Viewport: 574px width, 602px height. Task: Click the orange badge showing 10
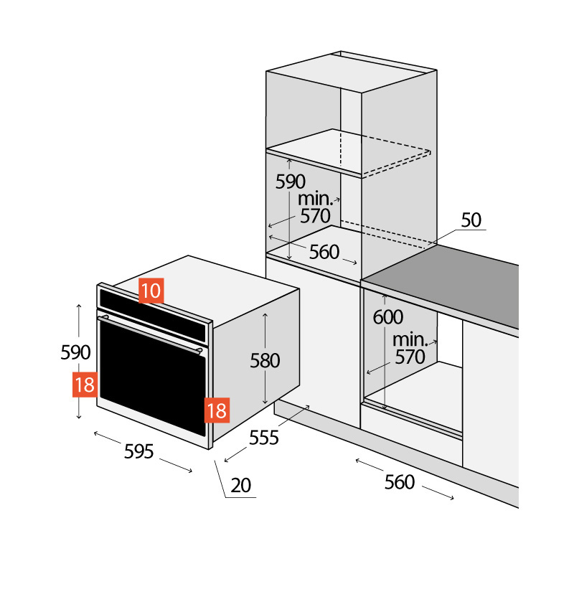coord(151,291)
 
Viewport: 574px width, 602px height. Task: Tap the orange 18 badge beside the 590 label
coord(85,385)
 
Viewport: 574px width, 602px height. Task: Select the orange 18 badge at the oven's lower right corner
coord(217,410)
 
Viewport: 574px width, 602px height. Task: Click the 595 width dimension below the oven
coord(139,451)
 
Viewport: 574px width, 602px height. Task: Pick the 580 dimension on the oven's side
coord(265,361)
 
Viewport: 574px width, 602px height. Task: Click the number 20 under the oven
coord(241,486)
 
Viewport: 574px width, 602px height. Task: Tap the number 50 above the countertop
coord(471,220)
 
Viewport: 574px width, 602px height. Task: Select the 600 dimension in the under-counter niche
coord(388,316)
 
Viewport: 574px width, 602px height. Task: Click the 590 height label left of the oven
coord(75,352)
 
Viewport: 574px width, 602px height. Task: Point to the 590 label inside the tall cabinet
coord(291,182)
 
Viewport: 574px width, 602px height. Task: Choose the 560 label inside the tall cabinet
coord(324,252)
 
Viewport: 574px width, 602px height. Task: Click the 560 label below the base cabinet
coord(400,482)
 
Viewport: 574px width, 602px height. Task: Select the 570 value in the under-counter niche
coord(410,356)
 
